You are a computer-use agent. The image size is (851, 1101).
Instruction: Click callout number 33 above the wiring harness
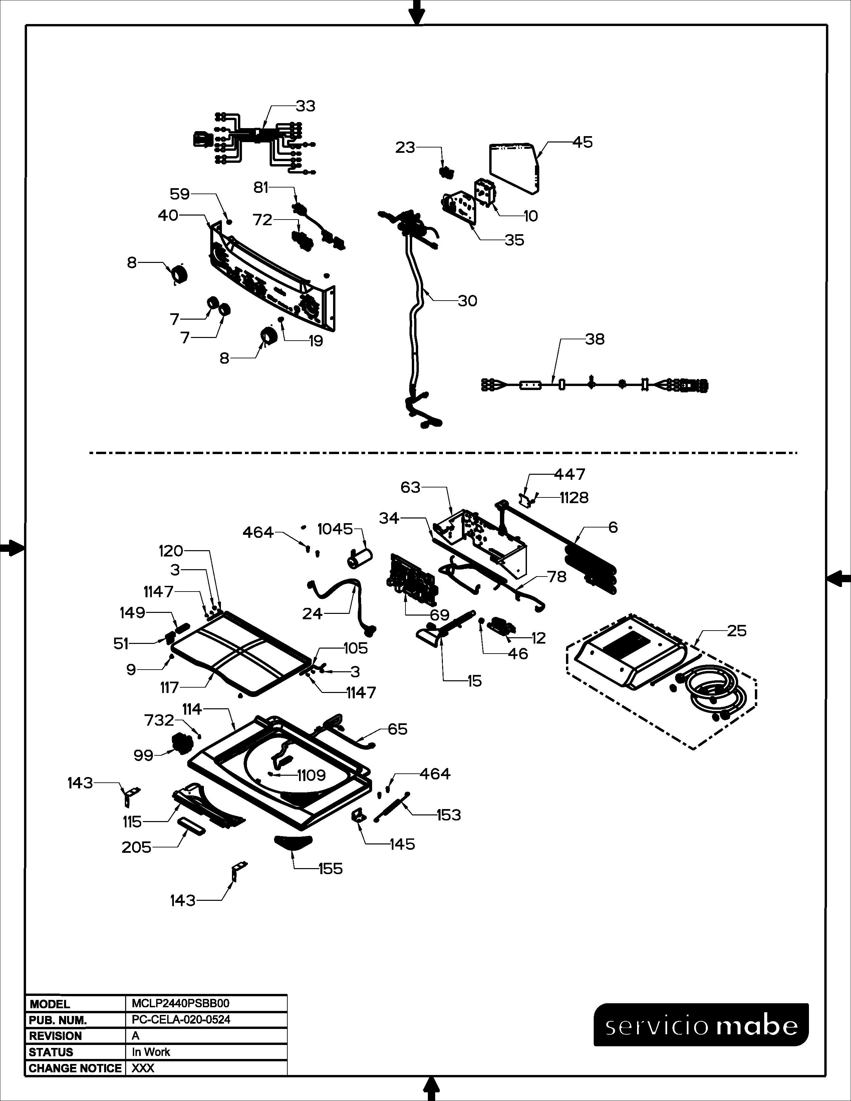point(305,106)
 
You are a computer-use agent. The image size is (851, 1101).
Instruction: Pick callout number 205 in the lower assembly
point(136,847)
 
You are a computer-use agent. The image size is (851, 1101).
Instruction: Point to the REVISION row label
point(55,1036)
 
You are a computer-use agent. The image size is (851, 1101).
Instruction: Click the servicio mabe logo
point(701,1025)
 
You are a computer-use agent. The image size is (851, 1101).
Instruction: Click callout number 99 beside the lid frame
point(143,755)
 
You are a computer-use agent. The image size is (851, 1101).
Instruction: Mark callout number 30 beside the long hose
point(467,301)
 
